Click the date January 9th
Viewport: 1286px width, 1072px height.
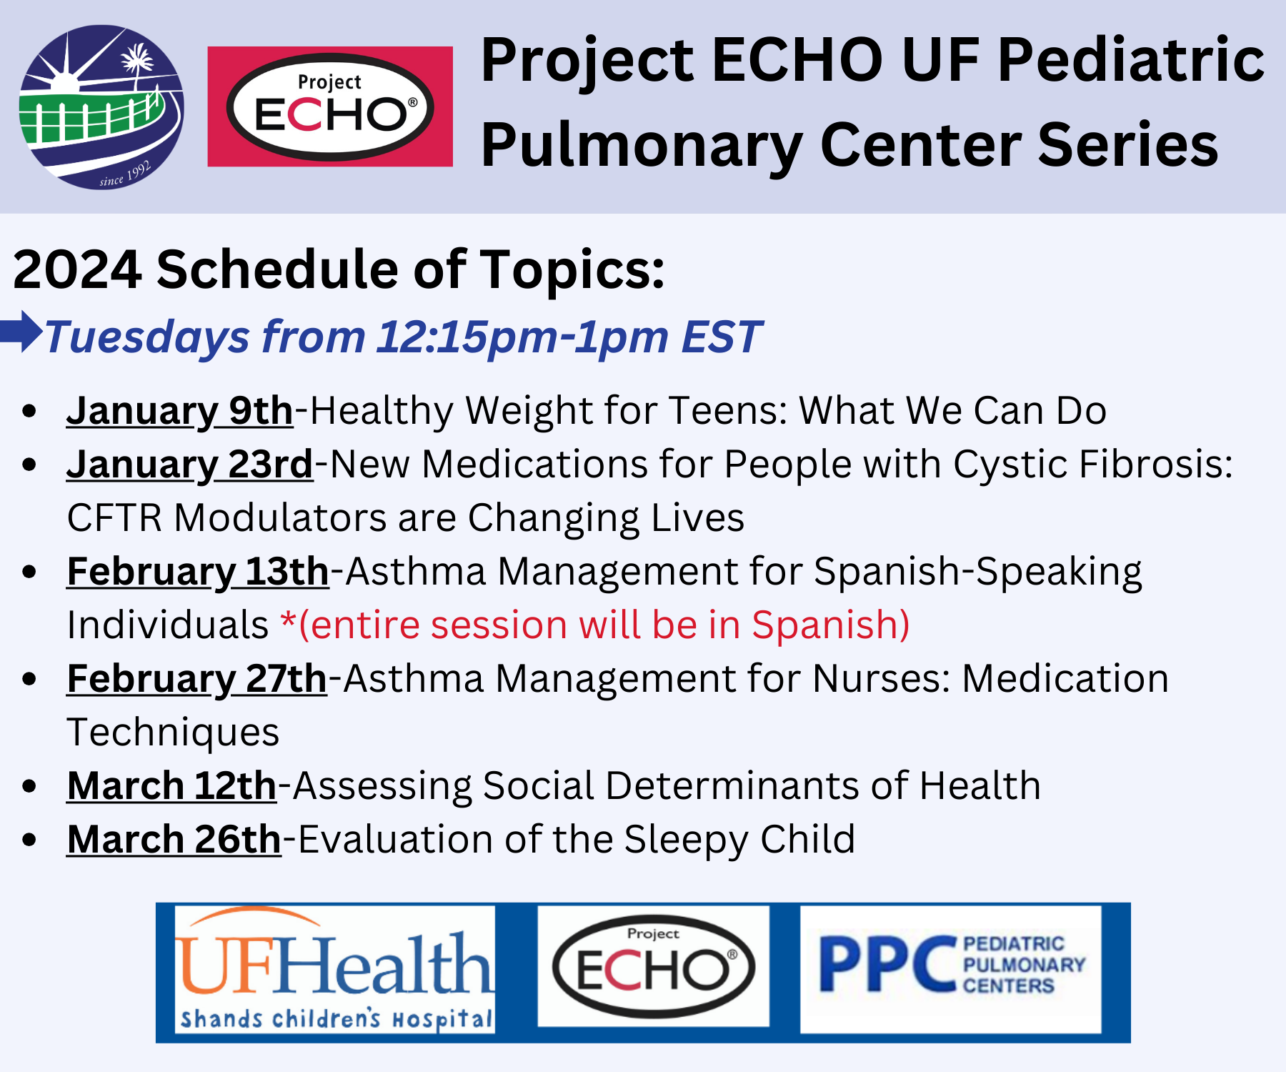[179, 411]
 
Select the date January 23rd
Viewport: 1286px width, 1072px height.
[189, 465]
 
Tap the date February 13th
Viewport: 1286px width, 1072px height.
[197, 572]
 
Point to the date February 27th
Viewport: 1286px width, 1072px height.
[196, 679]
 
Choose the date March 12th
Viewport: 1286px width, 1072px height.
[171, 786]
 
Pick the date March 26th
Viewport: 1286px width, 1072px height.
[174, 840]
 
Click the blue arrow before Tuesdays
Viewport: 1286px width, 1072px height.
[21, 332]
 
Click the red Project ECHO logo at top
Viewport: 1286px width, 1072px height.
[330, 107]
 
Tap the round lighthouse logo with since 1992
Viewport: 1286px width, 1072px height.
[101, 107]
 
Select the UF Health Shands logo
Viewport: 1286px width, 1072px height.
[334, 971]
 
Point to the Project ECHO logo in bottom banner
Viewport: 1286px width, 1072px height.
[653, 966]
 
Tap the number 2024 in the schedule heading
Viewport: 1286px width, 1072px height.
[77, 270]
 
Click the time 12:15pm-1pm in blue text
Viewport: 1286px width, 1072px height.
[522, 337]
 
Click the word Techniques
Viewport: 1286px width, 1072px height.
[173, 733]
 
